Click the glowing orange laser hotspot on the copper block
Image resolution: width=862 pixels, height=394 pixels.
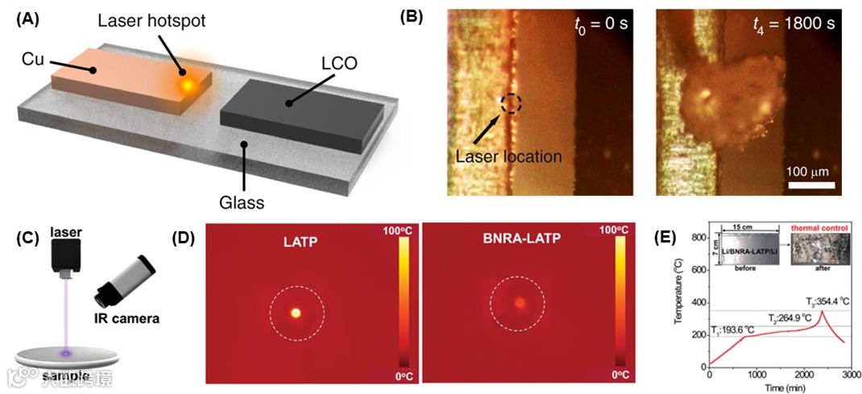point(187,83)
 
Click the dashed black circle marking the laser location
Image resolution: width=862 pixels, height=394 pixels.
point(511,103)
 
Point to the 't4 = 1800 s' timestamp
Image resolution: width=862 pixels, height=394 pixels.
point(789,24)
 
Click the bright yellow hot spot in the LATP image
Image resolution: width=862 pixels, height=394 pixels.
point(296,312)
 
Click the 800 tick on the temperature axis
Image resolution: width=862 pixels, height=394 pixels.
point(698,238)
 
